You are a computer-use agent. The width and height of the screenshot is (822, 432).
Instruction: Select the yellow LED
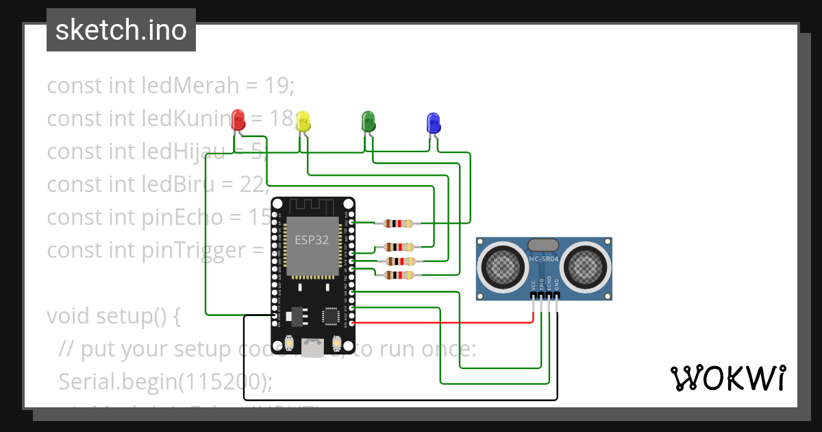tap(303, 121)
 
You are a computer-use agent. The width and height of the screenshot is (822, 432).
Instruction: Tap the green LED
tap(368, 121)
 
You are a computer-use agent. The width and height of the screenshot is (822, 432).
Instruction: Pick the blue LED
tap(433, 123)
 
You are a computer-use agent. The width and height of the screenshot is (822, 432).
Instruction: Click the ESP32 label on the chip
tap(312, 240)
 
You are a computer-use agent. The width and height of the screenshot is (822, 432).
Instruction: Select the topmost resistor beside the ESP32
tap(399, 223)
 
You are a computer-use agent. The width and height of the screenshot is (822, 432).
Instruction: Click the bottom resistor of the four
tap(399, 275)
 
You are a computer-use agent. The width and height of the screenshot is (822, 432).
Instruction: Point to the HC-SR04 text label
tap(545, 259)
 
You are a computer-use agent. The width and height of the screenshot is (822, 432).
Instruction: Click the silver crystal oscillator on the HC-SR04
tap(544, 245)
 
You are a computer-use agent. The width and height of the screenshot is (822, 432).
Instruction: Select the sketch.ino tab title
tap(121, 31)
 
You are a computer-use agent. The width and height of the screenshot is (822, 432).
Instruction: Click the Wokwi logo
tap(727, 378)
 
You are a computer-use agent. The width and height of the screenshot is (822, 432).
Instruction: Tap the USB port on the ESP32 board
tap(314, 348)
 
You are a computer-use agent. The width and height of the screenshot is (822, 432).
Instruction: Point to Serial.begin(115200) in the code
tap(165, 381)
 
